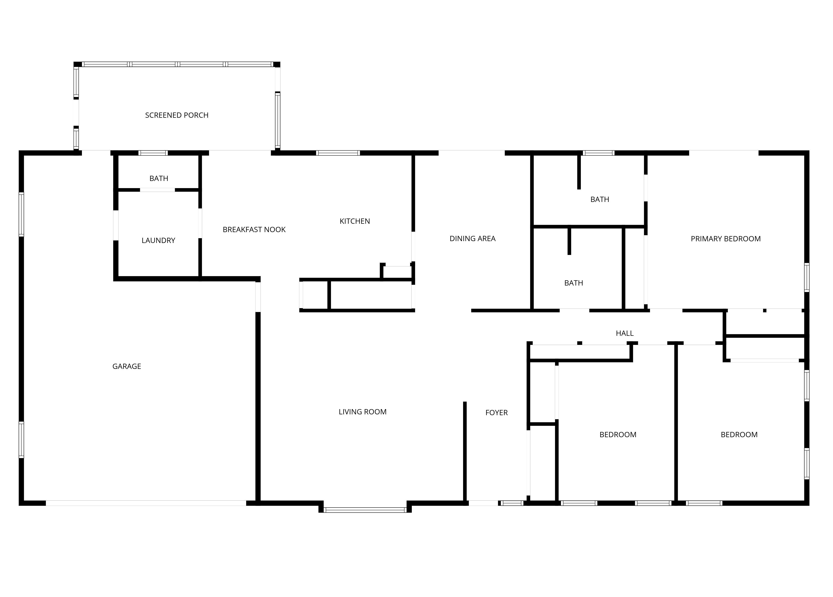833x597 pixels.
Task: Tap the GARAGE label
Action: (127, 366)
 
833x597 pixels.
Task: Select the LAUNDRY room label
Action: (158, 241)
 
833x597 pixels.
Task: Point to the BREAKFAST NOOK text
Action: (254, 230)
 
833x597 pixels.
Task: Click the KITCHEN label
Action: (355, 221)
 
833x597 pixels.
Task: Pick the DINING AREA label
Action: (473, 239)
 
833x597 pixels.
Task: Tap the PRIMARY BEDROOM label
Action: (726, 239)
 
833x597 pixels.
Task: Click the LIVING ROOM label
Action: (363, 412)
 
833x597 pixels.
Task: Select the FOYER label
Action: (497, 413)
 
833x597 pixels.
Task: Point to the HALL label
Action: (625, 333)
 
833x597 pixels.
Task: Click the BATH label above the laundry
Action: (159, 178)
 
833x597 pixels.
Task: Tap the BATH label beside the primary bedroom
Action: (600, 199)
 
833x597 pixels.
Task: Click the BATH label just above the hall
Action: (574, 283)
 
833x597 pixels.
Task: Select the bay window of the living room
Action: (365, 510)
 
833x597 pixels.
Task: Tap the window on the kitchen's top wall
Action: (338, 153)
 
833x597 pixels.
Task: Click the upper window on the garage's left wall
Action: (21, 214)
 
